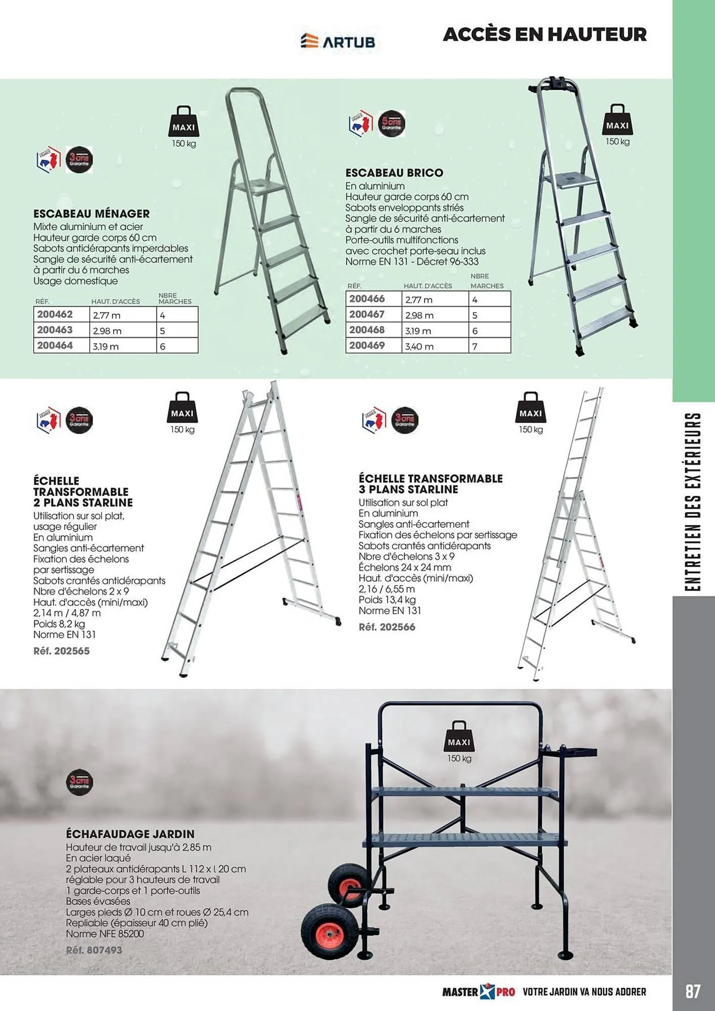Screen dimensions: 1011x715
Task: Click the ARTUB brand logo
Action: coord(338,41)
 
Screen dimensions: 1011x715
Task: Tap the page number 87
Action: coord(693,991)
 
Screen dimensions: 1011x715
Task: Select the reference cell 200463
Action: coord(55,330)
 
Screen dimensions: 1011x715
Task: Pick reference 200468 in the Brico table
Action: coord(367,330)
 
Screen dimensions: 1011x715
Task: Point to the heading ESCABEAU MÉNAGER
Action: coord(91,214)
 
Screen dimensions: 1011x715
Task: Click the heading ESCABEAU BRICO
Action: coord(394,173)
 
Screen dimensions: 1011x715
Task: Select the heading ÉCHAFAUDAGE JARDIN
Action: coord(130,834)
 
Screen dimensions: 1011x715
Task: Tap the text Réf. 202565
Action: coord(62,651)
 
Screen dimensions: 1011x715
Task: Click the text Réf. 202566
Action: coord(387,627)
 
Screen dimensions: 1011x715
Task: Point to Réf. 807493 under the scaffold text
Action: coord(94,950)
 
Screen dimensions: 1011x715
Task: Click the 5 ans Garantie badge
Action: coord(392,123)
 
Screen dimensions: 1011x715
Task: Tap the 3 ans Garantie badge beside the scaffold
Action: coord(79,782)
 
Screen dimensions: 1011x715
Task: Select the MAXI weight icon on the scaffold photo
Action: coord(459,737)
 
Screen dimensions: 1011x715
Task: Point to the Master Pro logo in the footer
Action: coord(478,992)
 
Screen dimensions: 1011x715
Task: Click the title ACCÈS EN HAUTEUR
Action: coord(545,34)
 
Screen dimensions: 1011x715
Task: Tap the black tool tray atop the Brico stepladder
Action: coord(560,83)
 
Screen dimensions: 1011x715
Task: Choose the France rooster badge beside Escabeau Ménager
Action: coord(49,160)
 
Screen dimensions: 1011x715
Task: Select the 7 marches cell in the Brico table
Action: coord(489,346)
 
